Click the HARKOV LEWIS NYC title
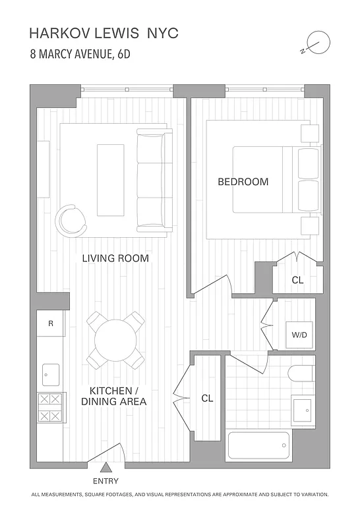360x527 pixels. pos(104,34)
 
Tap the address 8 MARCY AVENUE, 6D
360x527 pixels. pos(80,55)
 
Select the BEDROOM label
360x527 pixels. pos(243,182)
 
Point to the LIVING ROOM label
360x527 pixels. pos(115,258)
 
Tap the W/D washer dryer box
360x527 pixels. pos(299,335)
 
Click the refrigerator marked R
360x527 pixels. pos(51,323)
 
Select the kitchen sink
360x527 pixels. pos(51,375)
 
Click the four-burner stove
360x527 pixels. pos(51,408)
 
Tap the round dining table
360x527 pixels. pos(115,341)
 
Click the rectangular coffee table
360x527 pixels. pos(110,169)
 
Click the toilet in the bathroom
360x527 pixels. pos(301,374)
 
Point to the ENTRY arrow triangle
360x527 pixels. pos(106,468)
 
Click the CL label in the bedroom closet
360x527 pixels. pos(297,280)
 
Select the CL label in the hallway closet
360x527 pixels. pos(207,399)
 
